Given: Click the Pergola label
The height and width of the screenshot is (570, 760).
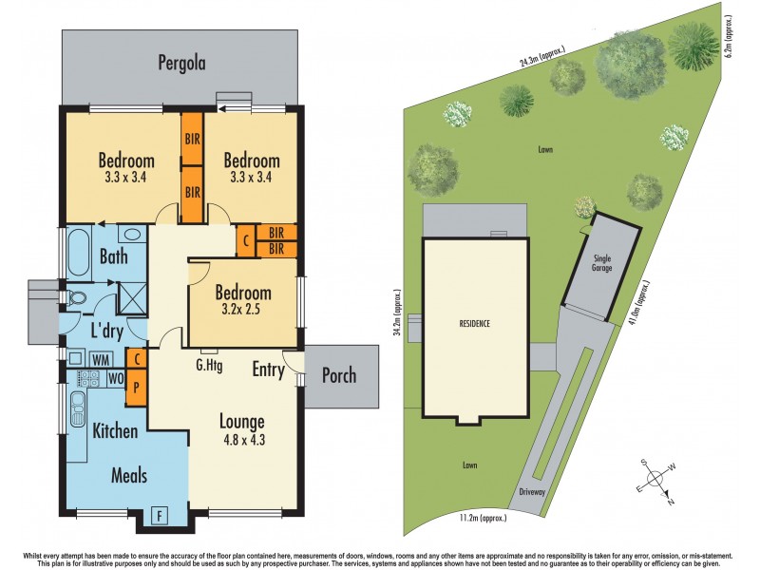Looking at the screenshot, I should [181, 64].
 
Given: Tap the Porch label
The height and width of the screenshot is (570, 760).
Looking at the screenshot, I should [337, 374].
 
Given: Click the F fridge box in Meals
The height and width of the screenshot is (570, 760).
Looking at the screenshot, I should [161, 516].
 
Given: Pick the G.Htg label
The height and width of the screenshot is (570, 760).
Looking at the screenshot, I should [209, 366].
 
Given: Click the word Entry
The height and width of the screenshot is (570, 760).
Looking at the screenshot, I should [269, 370].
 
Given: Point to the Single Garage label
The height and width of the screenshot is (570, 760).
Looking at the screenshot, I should [602, 263].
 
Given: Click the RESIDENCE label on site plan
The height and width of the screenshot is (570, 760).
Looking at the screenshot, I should [474, 324].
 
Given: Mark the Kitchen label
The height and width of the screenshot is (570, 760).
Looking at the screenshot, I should [115, 430].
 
